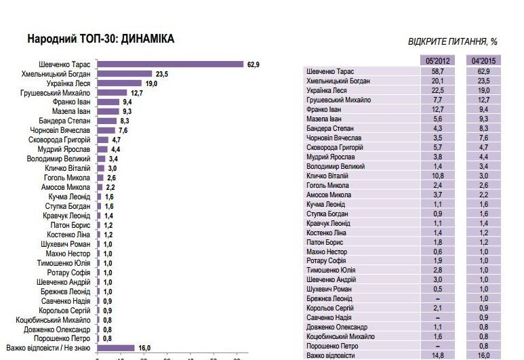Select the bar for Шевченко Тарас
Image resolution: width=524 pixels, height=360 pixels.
pos(170,65)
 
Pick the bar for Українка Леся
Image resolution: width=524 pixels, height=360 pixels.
pos(119,83)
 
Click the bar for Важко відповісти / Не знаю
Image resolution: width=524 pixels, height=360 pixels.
pos(116,348)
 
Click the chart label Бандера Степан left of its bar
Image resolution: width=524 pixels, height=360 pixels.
pos(71,120)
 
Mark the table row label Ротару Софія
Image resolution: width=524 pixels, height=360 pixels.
pos(328,261)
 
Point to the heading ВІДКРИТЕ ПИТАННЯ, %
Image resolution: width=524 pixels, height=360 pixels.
pos(453,42)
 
